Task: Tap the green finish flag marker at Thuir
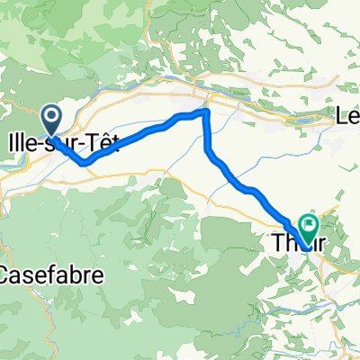(x=310, y=227)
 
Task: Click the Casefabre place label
(x=41, y=274)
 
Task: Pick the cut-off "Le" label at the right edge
(x=347, y=116)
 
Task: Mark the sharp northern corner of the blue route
(x=206, y=111)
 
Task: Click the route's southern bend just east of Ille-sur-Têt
(x=85, y=164)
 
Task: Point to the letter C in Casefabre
(x=7, y=274)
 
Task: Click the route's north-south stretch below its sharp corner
(x=208, y=135)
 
